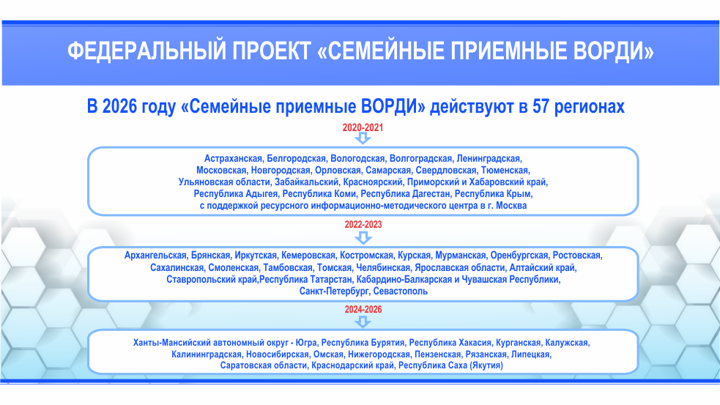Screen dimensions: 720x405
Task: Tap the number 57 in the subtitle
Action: (541, 106)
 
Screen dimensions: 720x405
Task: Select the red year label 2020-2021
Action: (363, 127)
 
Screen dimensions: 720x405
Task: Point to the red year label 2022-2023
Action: (363, 225)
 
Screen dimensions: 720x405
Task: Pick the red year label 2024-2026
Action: (363, 310)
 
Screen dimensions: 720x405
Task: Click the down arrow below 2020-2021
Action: (363, 138)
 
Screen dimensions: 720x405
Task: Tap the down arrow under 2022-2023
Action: (363, 237)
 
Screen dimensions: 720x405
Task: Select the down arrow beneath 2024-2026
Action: (363, 322)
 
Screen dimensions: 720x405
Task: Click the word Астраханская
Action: (233, 159)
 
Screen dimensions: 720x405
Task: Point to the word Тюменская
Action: (505, 171)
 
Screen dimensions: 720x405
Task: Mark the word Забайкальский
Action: (307, 182)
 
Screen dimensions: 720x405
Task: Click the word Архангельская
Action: (156, 256)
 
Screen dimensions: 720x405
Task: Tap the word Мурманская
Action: (461, 256)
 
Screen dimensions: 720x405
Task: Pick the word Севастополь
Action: (401, 291)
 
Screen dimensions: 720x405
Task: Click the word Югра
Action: (306, 343)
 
